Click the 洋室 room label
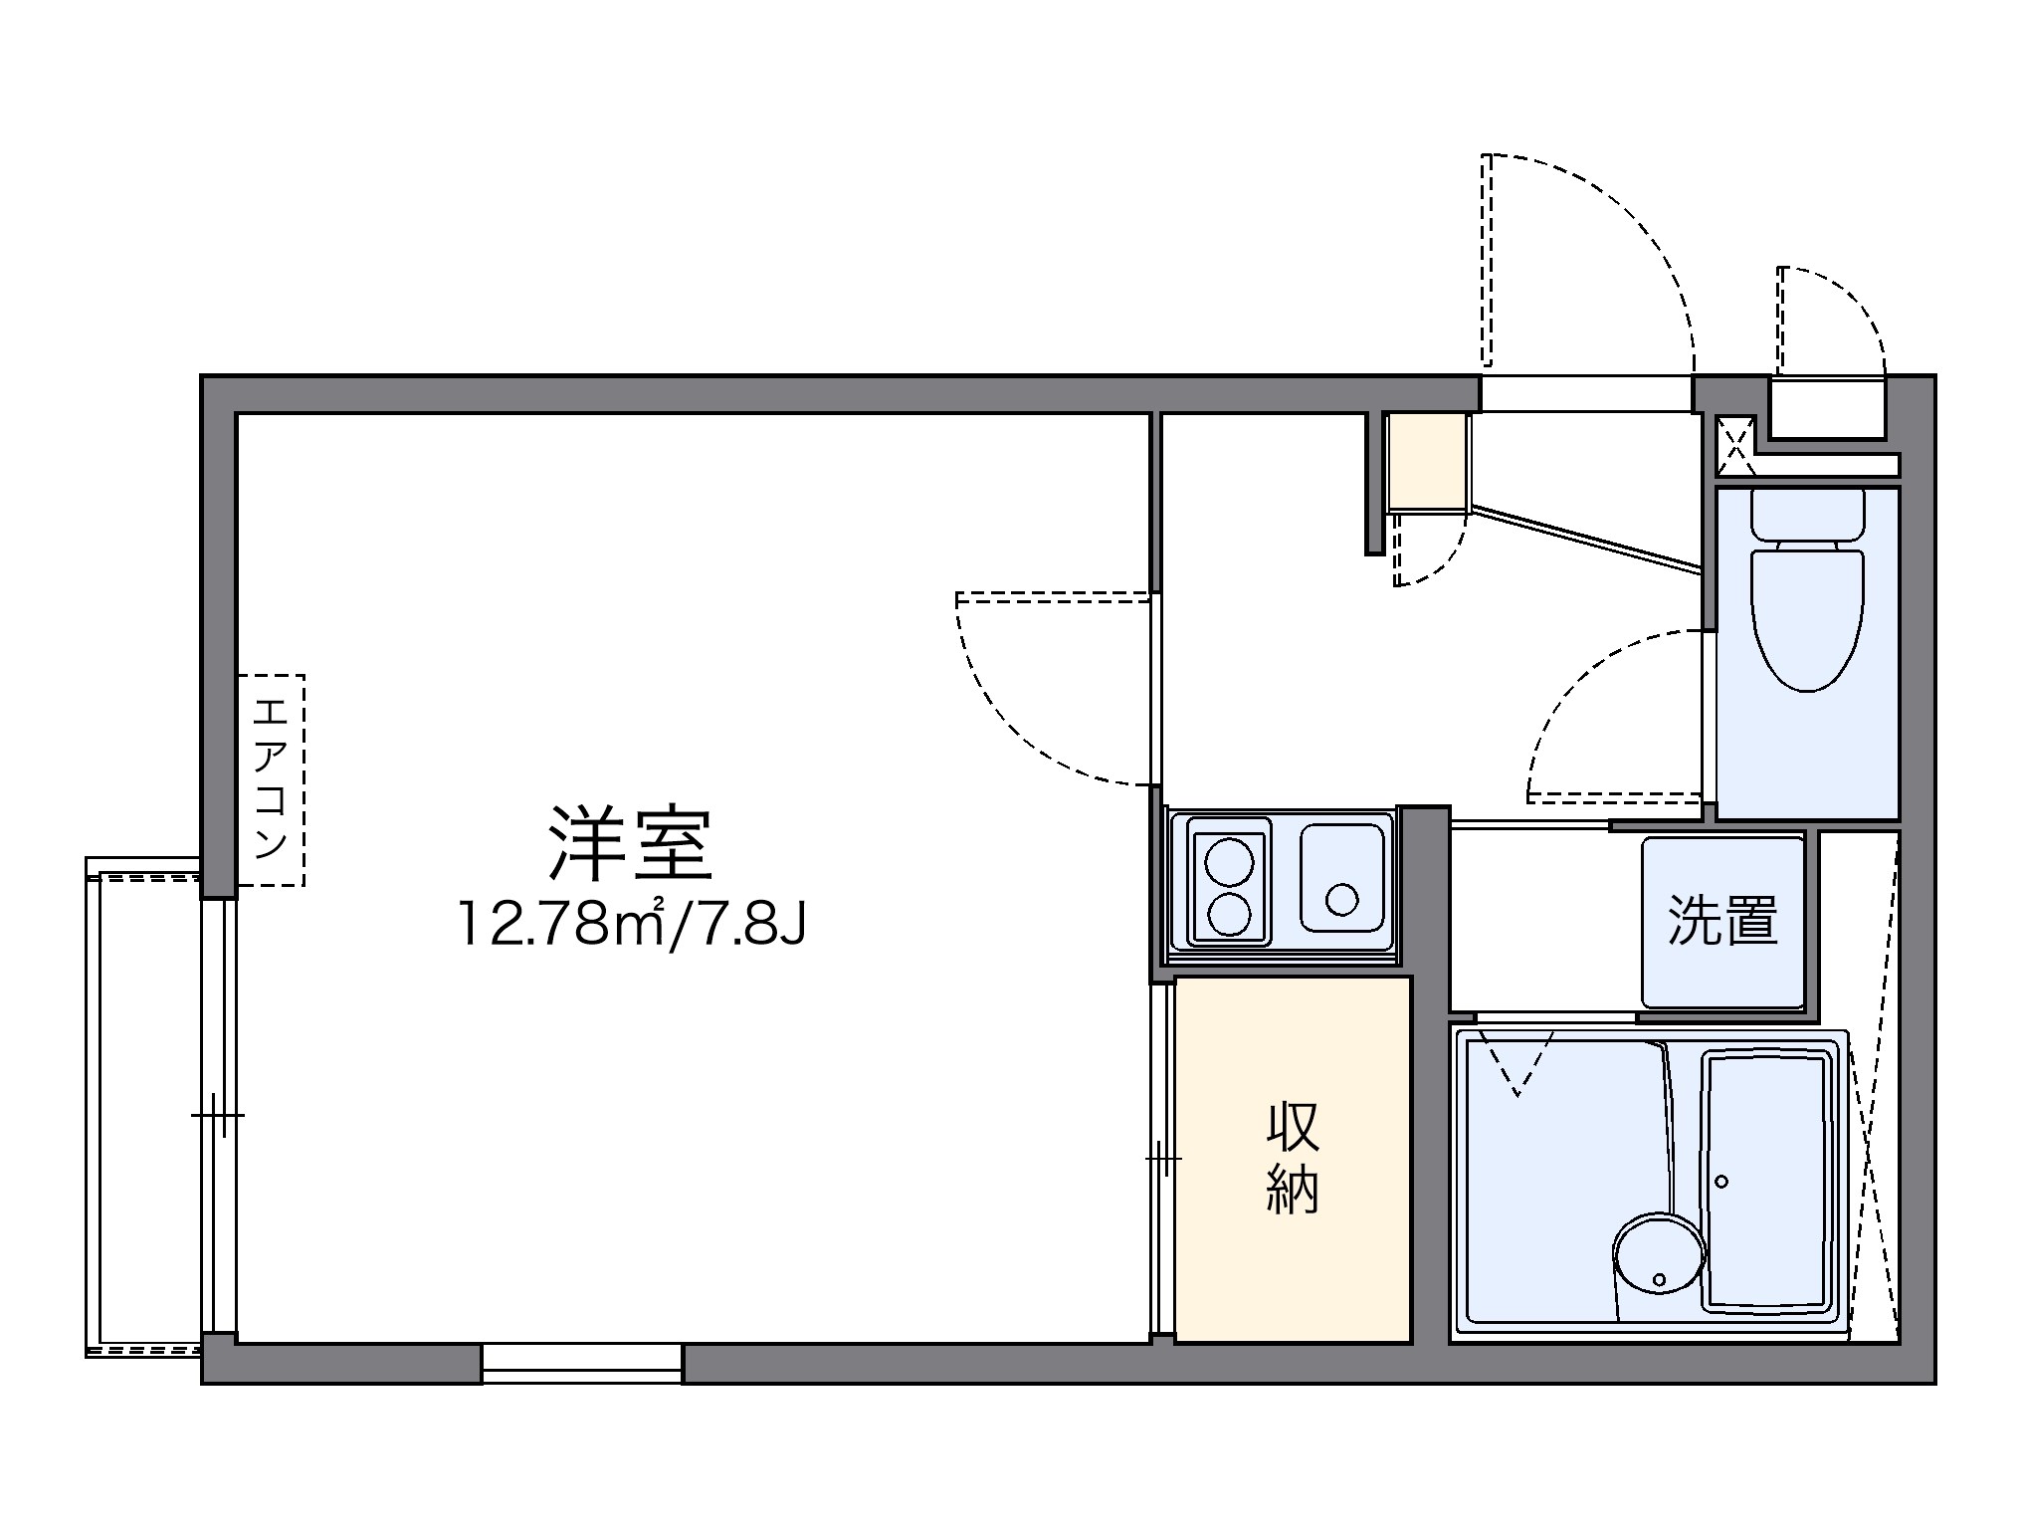(x=631, y=845)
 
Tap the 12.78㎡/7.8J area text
(x=631, y=925)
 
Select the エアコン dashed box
(x=271, y=780)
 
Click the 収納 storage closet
(x=1293, y=1159)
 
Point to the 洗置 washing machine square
(x=1722, y=922)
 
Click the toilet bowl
(x=1807, y=622)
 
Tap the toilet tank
(x=1807, y=515)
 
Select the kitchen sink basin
(x=1341, y=877)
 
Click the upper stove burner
(x=1229, y=861)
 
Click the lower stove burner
(x=1229, y=914)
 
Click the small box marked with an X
(x=1735, y=445)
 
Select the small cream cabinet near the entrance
(x=1428, y=461)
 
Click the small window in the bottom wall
(x=582, y=1363)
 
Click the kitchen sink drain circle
(x=1341, y=899)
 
